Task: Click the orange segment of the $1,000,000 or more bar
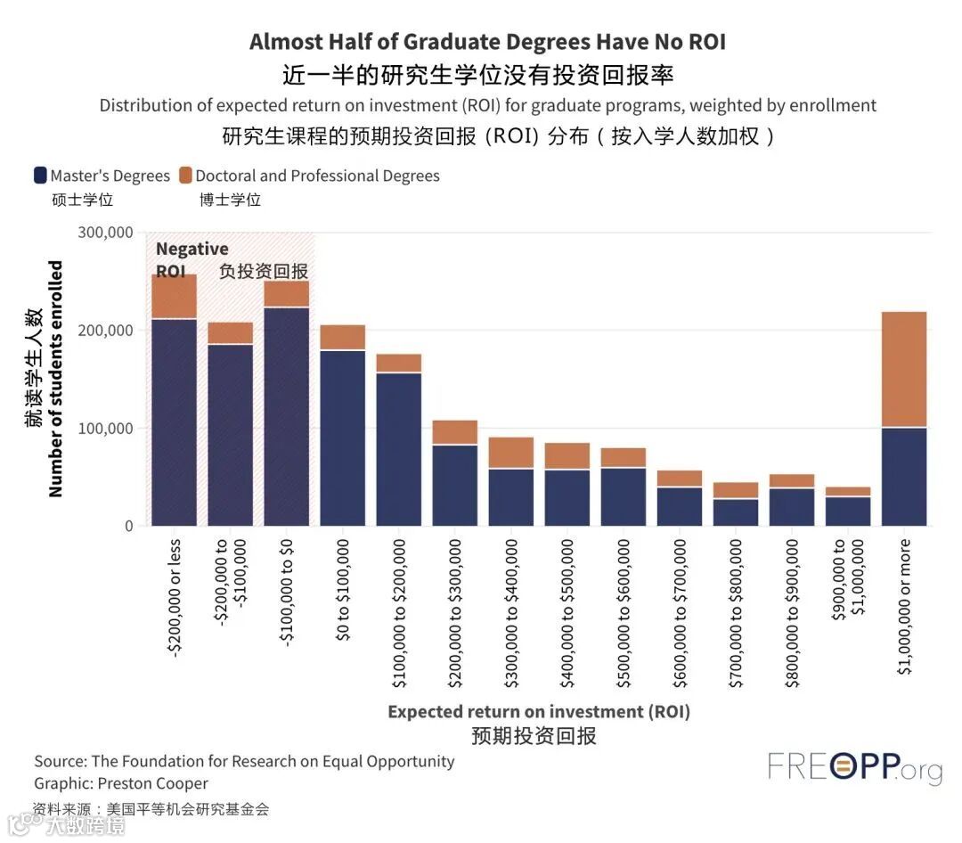(904, 369)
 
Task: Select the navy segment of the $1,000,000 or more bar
(904, 477)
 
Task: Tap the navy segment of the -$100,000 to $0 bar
(286, 416)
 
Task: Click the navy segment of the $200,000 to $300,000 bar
(455, 485)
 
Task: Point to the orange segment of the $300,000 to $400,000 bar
(511, 453)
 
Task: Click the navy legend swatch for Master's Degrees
(40, 176)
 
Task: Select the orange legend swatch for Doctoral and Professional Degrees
(185, 176)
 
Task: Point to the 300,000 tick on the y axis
(106, 233)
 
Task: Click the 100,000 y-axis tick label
(106, 429)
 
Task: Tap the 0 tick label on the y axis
(128, 527)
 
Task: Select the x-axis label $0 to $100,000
(343, 589)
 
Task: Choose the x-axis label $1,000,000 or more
(905, 606)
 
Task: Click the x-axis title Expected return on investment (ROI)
(538, 711)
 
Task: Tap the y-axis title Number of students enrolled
(55, 379)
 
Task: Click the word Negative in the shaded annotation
(192, 249)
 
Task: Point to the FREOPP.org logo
(854, 767)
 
